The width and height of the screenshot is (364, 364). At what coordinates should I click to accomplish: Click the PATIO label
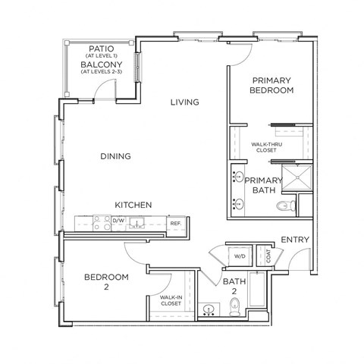[x=99, y=47]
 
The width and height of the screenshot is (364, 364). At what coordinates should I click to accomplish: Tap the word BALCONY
[x=99, y=65]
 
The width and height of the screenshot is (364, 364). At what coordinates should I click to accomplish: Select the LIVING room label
[x=184, y=102]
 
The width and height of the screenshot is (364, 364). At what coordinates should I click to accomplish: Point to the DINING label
[x=115, y=156]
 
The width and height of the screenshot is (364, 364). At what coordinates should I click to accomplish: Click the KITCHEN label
[x=134, y=205]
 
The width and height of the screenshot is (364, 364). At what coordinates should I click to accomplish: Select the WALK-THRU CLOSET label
[x=268, y=146]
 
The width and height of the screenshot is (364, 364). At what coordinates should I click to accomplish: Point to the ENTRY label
[x=296, y=240]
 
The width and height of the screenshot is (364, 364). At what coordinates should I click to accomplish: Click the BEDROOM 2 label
[x=106, y=281]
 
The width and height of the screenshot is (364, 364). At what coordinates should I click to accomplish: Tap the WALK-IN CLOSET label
[x=171, y=303]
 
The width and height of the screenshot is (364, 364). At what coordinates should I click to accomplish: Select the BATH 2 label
[x=234, y=287]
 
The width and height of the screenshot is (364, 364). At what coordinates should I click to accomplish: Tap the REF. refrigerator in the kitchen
[x=175, y=223]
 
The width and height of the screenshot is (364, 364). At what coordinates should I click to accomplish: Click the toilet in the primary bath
[x=285, y=206]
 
